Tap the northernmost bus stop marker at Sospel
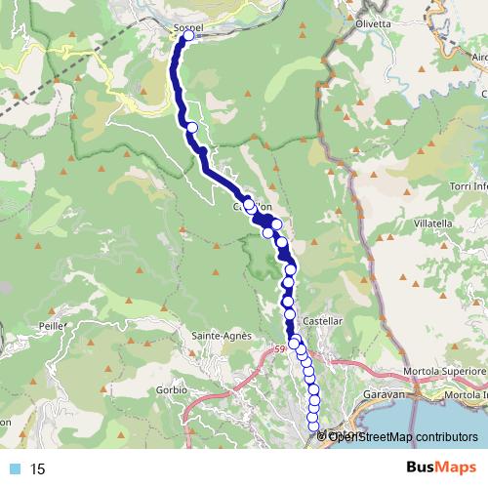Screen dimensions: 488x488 (188, 35)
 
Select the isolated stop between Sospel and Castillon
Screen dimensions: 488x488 (192, 128)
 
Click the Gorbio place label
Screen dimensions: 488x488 (171, 389)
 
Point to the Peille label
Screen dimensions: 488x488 (52, 323)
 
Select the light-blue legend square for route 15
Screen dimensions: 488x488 (14, 469)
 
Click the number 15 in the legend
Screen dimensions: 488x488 (38, 469)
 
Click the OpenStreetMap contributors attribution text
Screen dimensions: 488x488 (400, 436)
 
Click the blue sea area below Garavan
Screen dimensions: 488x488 (459, 420)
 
